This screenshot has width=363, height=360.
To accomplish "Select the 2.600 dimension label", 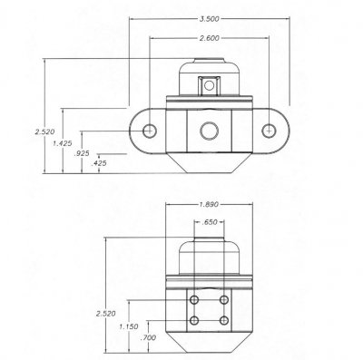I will [210, 39].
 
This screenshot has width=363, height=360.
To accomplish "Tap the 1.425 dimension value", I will [63, 144].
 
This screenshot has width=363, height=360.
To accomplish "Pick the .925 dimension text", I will [82, 155].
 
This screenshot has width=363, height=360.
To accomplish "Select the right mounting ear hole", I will [269, 131].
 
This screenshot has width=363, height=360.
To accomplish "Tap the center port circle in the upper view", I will [210, 131].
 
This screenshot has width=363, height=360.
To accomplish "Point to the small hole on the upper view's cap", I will [210, 86].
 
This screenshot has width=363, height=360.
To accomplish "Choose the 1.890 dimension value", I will [210, 204].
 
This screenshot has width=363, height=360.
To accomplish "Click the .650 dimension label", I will [210, 222].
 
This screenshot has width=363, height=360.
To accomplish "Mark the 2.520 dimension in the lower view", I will [105, 314].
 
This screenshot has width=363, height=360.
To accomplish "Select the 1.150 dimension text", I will [129, 326].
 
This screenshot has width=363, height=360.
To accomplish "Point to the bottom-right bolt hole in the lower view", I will [223, 320].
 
